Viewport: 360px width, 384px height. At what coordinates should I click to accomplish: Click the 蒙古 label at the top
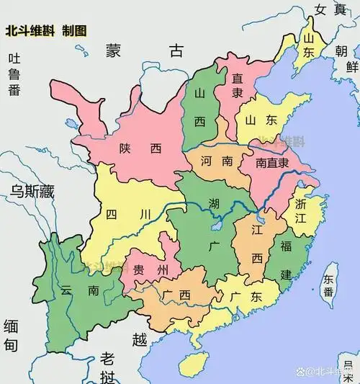click(144, 50)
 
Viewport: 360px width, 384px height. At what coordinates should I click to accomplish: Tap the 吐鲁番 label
click(14, 74)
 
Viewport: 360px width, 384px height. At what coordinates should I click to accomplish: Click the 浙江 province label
click(301, 214)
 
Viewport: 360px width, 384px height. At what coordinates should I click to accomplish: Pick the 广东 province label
click(246, 297)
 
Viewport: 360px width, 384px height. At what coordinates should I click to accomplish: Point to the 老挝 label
click(108, 367)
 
